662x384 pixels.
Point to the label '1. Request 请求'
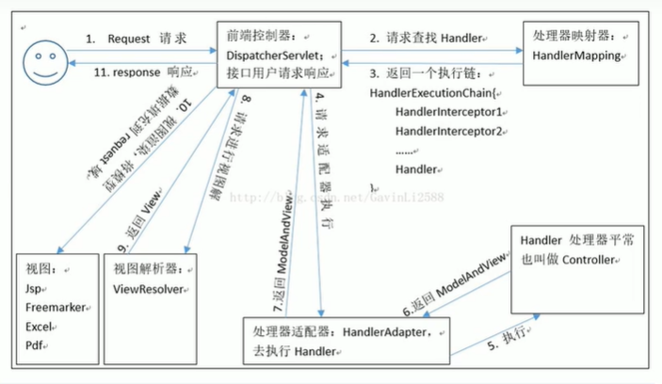pyautogui.click(x=137, y=40)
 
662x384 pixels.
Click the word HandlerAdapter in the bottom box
pyautogui.click(x=385, y=331)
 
